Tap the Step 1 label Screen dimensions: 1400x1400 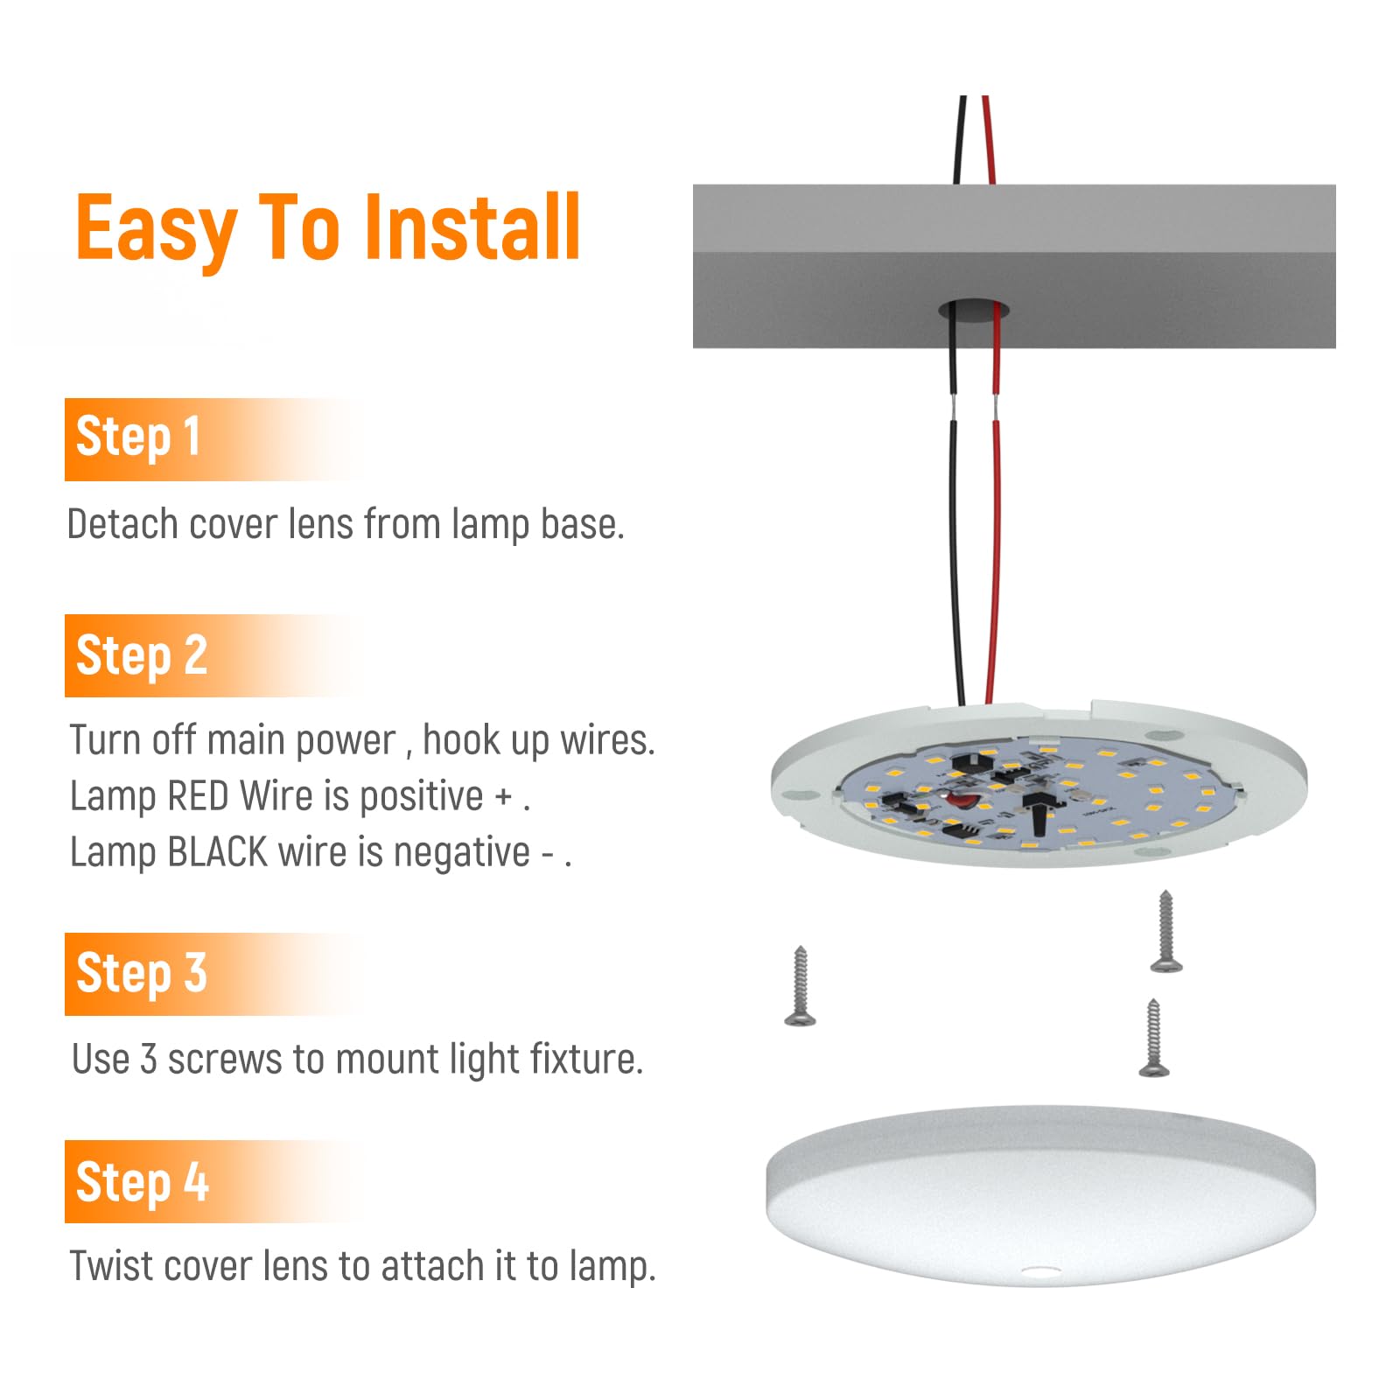138,437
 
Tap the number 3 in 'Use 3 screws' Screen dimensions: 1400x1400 149,1060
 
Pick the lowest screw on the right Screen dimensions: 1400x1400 1153,1039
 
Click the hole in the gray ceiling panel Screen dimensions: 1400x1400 974,310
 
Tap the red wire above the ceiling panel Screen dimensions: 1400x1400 989,140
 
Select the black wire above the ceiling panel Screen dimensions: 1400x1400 961,140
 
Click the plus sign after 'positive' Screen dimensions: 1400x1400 503,797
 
